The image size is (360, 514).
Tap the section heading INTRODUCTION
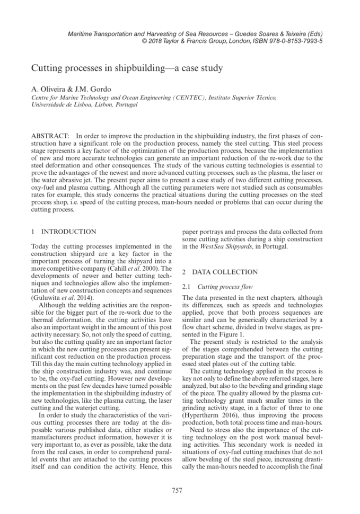pos(69,232)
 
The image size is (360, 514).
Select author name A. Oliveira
pos(50,90)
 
